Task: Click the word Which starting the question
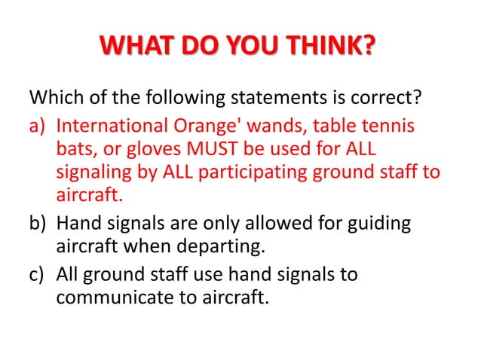tap(54, 99)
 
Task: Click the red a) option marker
tap(38, 124)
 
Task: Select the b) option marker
tap(38, 225)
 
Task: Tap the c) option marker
tap(38, 275)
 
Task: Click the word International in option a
tap(108, 124)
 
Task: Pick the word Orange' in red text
tap(198, 124)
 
